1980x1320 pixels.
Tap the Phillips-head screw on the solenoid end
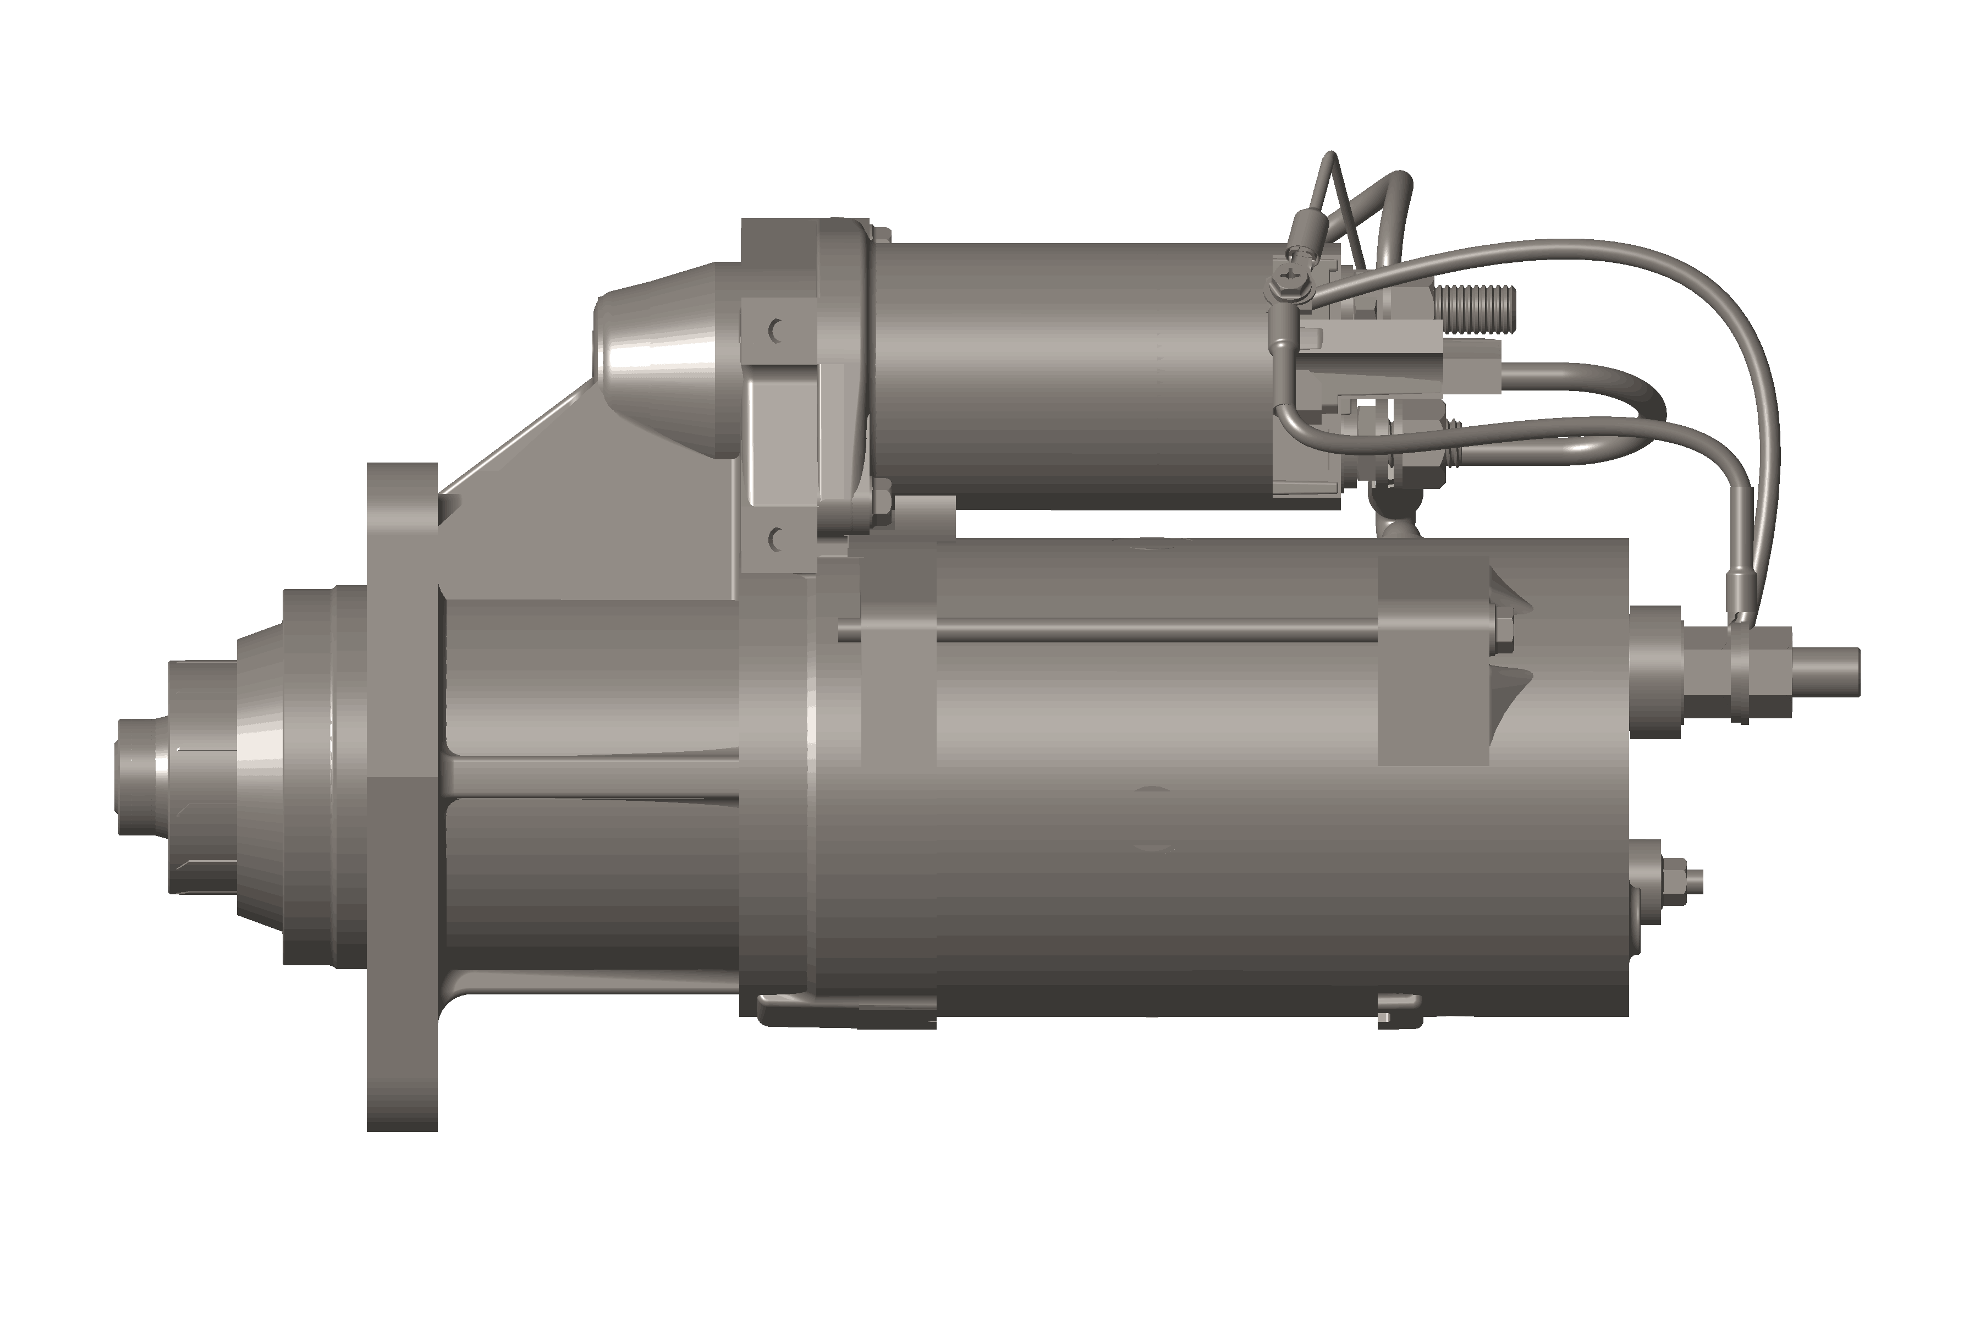[1290, 273]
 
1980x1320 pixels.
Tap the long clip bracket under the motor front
[842, 1010]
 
